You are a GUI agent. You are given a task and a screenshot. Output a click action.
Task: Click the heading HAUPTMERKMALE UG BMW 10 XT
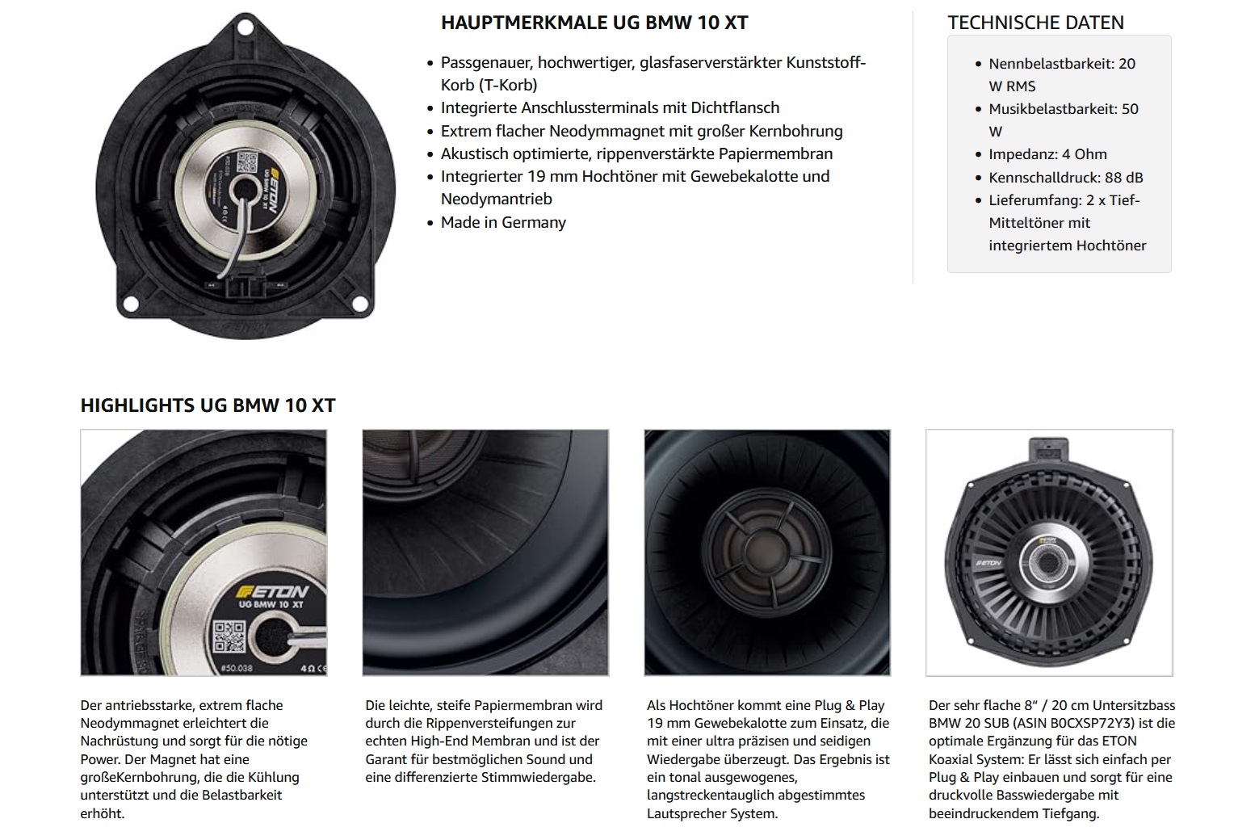coord(594,23)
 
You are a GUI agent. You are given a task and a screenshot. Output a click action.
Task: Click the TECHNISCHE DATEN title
coord(1036,23)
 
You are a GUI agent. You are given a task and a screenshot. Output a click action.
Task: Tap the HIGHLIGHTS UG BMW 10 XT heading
coord(208,405)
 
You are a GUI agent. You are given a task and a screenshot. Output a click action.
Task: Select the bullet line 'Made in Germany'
coord(503,222)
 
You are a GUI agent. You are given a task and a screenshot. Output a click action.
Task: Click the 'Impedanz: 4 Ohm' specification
coord(1047,154)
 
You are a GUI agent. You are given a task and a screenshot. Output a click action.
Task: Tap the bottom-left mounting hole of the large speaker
coord(131,304)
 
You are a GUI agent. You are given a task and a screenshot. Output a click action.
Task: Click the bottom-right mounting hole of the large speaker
coord(360,304)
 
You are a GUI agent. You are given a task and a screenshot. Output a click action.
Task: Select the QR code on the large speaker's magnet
coord(247,162)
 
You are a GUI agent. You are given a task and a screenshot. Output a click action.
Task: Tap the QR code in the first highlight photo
coord(229,637)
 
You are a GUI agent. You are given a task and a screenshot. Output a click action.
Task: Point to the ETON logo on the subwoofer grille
coord(988,563)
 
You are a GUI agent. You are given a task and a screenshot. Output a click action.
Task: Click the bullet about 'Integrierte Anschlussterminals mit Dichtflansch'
coord(610,107)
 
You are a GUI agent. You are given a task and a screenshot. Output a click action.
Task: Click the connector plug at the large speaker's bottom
coord(246,286)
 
